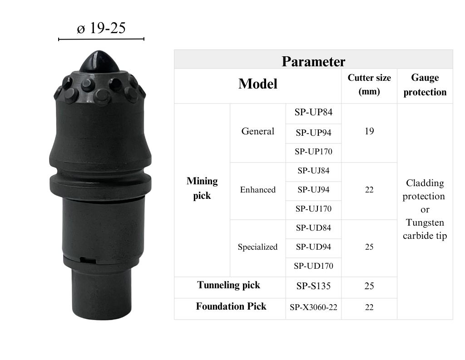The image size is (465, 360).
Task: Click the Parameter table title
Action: (x=313, y=61)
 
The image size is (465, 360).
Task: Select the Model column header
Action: (x=258, y=84)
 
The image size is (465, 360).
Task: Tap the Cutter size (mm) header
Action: (x=369, y=84)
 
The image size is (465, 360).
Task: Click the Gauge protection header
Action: (x=425, y=85)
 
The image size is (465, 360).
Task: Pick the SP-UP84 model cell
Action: (x=313, y=112)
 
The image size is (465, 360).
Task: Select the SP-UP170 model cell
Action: (x=313, y=152)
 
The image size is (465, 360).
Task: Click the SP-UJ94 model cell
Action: (x=313, y=189)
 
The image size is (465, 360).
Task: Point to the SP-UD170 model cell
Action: (x=313, y=266)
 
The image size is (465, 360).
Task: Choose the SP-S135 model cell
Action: (x=313, y=286)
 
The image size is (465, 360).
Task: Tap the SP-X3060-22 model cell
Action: (x=313, y=307)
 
